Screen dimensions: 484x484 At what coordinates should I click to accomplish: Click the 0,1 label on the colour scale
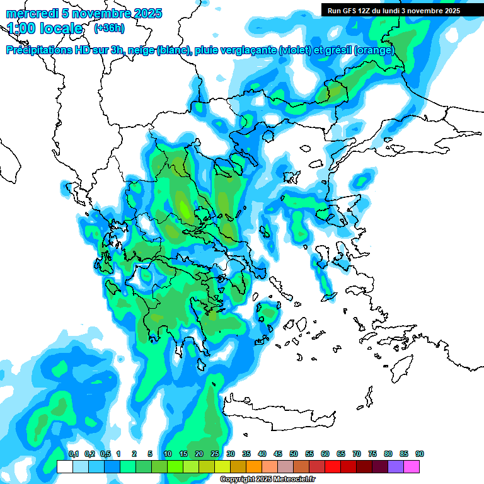[73, 454]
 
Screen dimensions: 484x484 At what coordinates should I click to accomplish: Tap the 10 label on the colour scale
[168, 454]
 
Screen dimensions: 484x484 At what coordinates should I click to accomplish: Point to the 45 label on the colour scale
[278, 454]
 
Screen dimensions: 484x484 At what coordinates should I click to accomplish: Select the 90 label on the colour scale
[420, 454]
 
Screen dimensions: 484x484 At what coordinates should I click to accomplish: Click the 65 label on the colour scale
[341, 454]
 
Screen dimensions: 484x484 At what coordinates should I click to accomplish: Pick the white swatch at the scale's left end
[64, 466]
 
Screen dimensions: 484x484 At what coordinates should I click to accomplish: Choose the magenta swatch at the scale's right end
[412, 466]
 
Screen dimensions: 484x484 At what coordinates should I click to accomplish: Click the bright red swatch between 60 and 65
[333, 466]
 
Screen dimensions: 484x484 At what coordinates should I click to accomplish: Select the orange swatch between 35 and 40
[254, 466]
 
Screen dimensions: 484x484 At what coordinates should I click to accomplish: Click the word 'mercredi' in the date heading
[32, 13]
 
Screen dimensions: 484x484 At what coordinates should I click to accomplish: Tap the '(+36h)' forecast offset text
[110, 28]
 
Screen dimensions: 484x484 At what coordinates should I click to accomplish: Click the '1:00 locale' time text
[45, 28]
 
